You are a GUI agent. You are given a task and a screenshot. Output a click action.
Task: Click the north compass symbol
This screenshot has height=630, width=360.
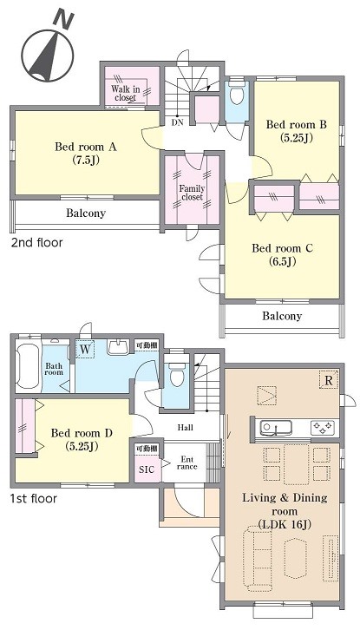(47, 51)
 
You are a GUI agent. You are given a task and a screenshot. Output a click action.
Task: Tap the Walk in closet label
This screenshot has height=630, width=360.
(126, 93)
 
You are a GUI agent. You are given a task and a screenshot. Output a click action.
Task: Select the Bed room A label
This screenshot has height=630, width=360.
(86, 153)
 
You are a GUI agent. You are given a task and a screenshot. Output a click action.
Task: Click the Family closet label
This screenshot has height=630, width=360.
(192, 193)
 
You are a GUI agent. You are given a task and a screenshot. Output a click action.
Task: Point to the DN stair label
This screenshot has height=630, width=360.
(177, 122)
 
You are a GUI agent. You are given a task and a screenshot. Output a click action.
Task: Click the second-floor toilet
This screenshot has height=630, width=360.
(237, 93)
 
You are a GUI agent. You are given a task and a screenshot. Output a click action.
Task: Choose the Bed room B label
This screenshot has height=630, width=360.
(297, 131)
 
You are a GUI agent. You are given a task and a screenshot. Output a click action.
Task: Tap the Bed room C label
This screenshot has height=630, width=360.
(282, 255)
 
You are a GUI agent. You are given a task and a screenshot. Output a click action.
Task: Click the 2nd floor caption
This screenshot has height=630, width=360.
(36, 242)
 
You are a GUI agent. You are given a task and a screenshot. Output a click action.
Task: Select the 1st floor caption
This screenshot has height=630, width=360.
(33, 499)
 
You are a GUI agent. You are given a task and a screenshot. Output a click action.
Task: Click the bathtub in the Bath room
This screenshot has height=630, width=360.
(28, 366)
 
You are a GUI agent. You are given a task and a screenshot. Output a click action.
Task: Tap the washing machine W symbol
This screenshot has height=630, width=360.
(85, 349)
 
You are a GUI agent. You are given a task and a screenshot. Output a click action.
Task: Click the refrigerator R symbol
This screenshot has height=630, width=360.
(329, 380)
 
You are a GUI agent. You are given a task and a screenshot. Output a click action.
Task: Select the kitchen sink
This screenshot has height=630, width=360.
(276, 428)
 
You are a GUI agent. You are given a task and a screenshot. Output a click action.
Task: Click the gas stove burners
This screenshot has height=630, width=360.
(322, 428)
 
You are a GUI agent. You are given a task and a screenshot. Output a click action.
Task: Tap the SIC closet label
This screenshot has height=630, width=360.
(147, 469)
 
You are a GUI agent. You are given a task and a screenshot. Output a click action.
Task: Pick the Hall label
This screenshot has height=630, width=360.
(186, 428)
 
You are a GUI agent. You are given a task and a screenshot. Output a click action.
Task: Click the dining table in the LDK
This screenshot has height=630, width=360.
(296, 464)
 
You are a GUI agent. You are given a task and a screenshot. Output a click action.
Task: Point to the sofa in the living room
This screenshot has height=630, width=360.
(257, 560)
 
